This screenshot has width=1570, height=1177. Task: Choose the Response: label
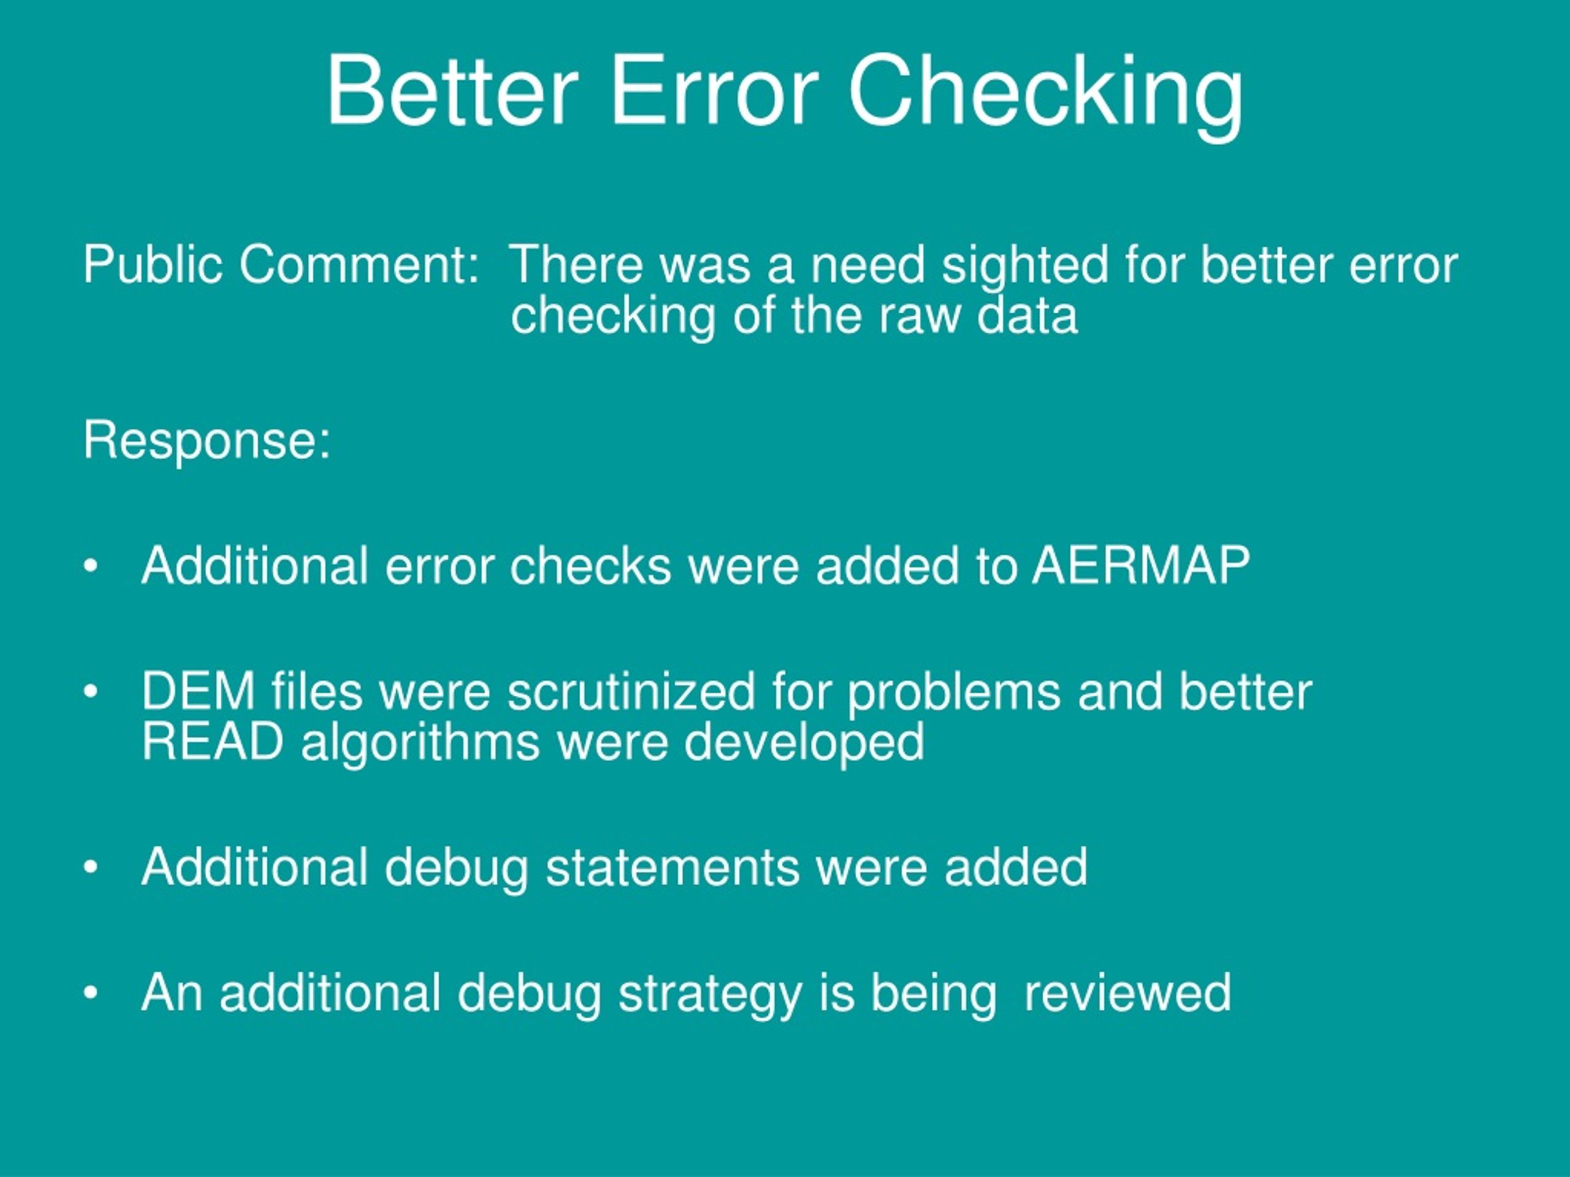coord(207,441)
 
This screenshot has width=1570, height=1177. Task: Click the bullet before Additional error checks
coord(90,567)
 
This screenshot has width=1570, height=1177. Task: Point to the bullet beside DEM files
coord(90,691)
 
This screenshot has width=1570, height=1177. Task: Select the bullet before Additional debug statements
coord(90,867)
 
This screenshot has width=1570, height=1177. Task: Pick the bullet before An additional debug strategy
coord(90,993)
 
